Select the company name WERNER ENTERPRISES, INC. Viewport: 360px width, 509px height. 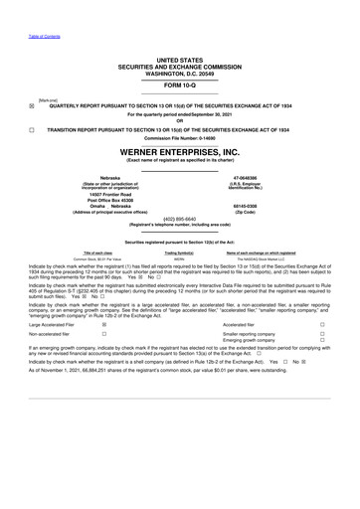click(179, 152)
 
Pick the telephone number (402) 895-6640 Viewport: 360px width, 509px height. click(179, 219)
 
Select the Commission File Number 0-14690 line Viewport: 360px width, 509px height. click(179, 137)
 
